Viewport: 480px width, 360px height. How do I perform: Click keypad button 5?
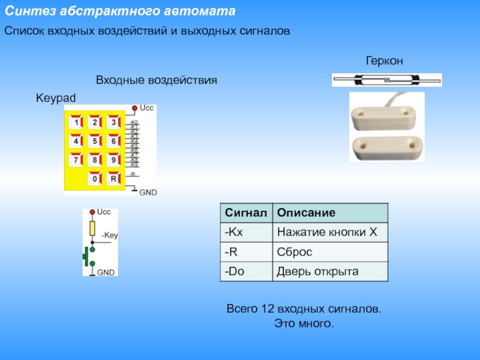pyautogui.click(x=95, y=142)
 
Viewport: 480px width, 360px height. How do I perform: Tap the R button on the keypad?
pyautogui.click(x=113, y=179)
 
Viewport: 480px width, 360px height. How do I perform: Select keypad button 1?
pyautogui.click(x=76, y=123)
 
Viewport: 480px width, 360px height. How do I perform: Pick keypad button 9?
pyautogui.click(x=113, y=160)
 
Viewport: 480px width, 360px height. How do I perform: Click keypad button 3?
pyautogui.click(x=113, y=123)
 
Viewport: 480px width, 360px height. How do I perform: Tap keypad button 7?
pyautogui.click(x=76, y=160)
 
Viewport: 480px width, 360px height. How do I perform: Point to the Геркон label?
pyautogui.click(x=385, y=61)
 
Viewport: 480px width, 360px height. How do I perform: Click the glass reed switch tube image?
pyautogui.click(x=386, y=79)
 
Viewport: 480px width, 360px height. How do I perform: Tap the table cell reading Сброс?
pyautogui.click(x=294, y=251)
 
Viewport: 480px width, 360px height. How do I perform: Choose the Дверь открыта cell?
pyautogui.click(x=317, y=271)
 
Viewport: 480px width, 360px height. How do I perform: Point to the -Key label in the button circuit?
pyautogui.click(x=110, y=236)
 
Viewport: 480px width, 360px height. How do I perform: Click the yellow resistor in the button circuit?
pyautogui.click(x=92, y=227)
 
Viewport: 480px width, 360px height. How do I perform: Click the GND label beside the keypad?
pyautogui.click(x=148, y=193)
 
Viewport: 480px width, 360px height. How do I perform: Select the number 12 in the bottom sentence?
pyautogui.click(x=268, y=310)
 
